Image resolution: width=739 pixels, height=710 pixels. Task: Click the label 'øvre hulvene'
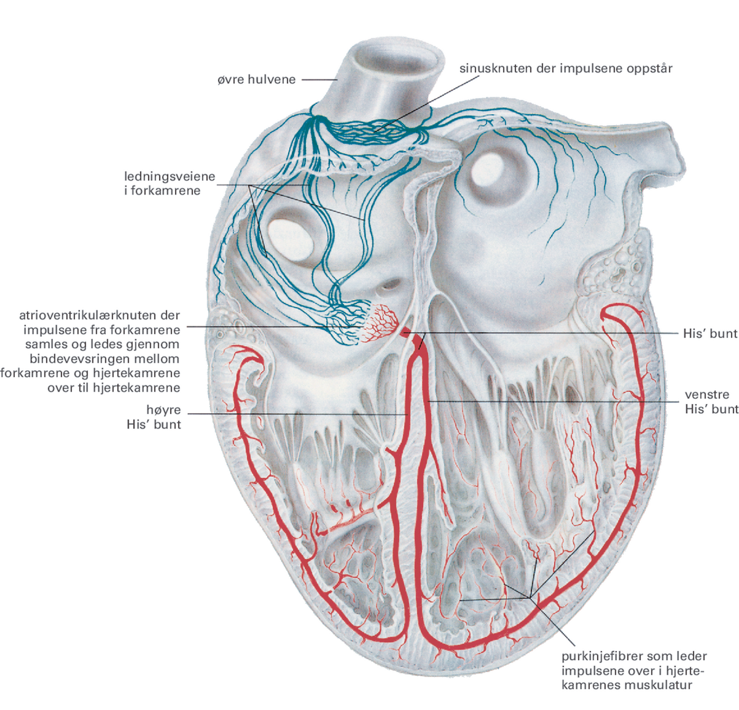click(256, 79)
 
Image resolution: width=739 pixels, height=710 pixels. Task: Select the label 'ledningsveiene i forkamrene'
click(169, 184)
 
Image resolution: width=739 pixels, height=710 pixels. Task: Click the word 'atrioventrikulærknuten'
click(100, 315)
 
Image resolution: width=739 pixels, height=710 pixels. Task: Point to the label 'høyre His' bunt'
click(153, 417)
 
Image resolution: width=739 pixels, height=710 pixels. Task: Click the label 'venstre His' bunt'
click(711, 401)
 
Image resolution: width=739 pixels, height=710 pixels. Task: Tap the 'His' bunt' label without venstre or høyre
click(709, 333)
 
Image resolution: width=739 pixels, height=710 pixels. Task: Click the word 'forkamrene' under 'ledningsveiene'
click(165, 191)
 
